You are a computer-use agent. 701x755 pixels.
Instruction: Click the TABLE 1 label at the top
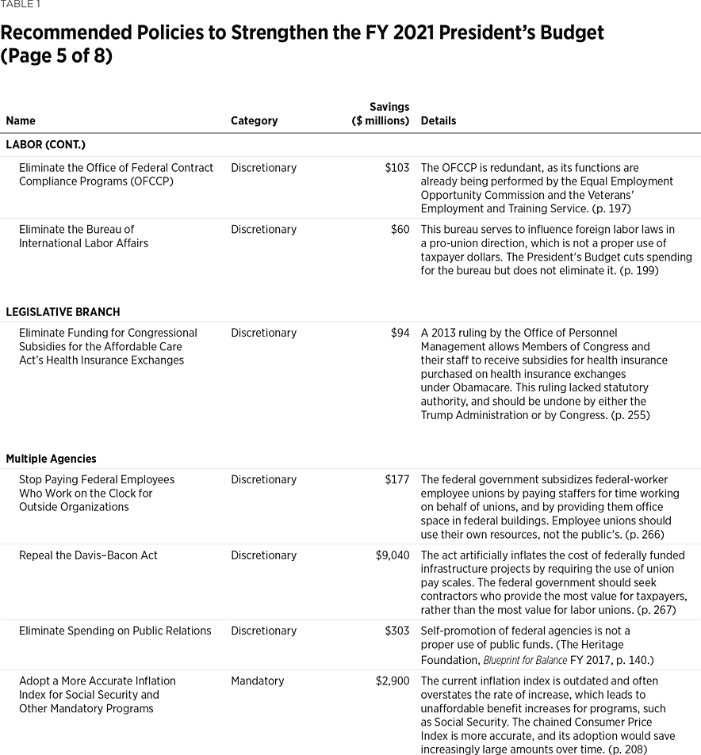(21, 5)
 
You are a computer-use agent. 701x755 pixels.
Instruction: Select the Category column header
(254, 121)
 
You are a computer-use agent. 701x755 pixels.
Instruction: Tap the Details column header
(438, 121)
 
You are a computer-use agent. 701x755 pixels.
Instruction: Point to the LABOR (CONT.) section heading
(45, 145)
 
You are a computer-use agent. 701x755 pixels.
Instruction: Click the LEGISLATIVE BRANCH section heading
(63, 312)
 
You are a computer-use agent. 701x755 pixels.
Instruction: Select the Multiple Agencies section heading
(51, 459)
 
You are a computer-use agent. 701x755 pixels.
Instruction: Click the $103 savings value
(396, 168)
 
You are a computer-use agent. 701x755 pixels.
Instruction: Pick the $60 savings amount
(400, 230)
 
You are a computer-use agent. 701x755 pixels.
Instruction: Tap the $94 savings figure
(400, 334)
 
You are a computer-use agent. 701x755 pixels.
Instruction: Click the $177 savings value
(396, 480)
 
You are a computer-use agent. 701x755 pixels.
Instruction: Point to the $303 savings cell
(396, 631)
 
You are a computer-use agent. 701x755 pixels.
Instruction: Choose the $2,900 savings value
(393, 681)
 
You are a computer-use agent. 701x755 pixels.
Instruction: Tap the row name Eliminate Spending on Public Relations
(115, 631)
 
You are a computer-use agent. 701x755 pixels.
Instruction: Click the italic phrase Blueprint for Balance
(525, 660)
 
